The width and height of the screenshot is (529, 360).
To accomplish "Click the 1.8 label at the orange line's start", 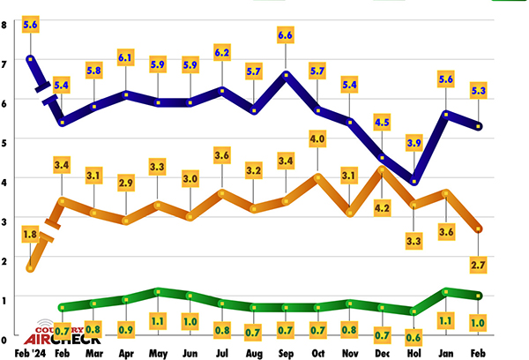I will tap(30, 235).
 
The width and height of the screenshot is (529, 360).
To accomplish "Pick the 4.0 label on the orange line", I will tap(317, 139).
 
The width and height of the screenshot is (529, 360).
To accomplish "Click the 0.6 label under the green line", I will tap(414, 335).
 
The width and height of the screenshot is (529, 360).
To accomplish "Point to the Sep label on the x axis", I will tap(286, 353).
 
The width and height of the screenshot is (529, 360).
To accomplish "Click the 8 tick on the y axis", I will tap(4, 25).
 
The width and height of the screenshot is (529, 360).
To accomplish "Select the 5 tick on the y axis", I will tap(4, 141).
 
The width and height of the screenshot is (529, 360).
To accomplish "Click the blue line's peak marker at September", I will tap(286, 74).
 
